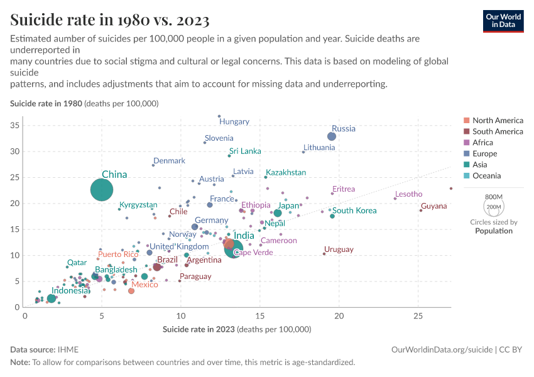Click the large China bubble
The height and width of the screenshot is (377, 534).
coord(102,189)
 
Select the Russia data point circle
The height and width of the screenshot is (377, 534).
coord(332,136)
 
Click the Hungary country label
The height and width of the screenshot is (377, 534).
coord(234,122)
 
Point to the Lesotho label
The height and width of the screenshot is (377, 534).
coord(408,194)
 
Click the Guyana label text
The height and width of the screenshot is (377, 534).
coord(434,206)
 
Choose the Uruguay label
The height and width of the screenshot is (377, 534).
coord(339,249)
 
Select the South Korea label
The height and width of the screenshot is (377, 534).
coord(354,210)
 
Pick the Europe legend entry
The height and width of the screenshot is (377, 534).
coord(484,153)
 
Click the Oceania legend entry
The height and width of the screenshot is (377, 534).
coord(487,175)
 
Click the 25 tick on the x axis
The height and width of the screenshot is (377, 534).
coord(418,317)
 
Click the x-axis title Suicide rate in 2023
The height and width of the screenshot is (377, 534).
coord(237,329)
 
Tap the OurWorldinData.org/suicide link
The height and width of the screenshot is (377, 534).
coord(442,349)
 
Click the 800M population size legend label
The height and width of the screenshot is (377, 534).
coord(494,197)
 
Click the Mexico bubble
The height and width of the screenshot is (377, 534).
coord(131,291)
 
